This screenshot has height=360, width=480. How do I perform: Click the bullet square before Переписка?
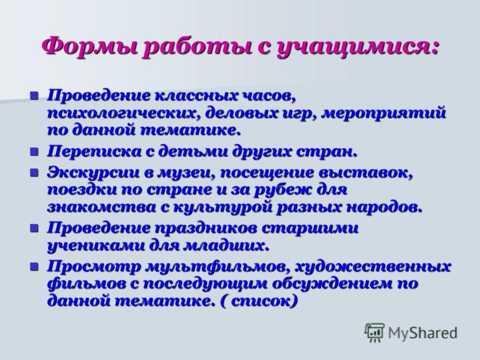34,152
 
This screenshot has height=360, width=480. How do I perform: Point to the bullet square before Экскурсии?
34,173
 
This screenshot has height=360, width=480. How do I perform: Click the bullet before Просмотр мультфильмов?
34,266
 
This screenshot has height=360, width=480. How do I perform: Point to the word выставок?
366,173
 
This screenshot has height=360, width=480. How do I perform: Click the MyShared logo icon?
374,332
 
